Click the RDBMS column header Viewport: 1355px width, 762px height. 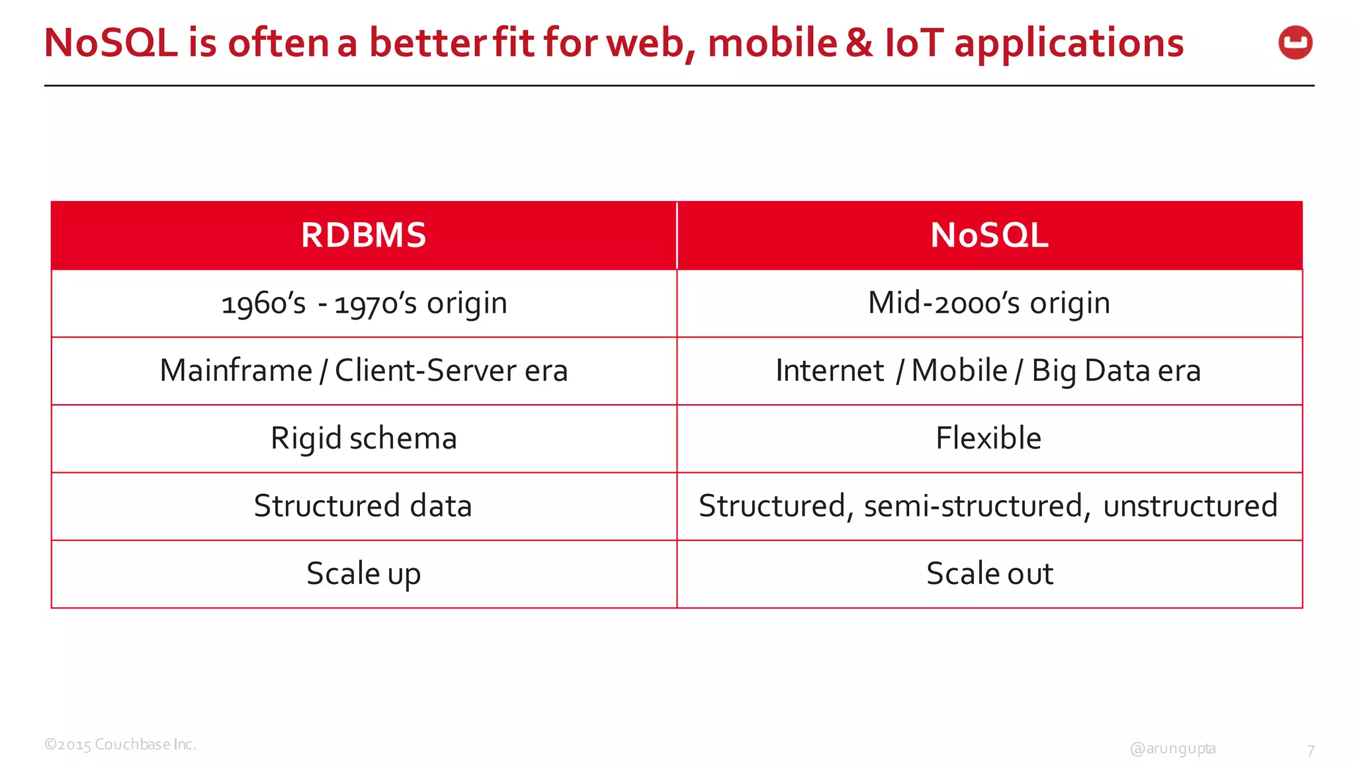pos(363,235)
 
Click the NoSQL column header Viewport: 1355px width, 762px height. pos(989,235)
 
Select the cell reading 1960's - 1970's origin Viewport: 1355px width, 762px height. pos(364,304)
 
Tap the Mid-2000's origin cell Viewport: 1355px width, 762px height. pos(989,304)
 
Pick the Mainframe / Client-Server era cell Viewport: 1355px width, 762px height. pos(364,371)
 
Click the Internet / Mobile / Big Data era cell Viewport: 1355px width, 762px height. pos(988,371)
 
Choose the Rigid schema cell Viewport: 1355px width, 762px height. pos(364,439)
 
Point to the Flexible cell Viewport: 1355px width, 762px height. pos(988,439)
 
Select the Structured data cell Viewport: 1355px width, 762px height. pos(363,506)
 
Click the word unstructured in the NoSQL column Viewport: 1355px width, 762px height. pos(1190,506)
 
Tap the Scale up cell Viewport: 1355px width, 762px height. pos(363,574)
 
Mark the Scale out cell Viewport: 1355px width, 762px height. pos(989,574)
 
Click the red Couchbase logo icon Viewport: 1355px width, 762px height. pos(1295,43)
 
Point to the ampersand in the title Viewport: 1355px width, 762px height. pos(859,43)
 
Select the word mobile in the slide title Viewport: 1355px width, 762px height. pos(772,43)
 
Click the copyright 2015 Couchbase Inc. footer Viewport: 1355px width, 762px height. pos(120,744)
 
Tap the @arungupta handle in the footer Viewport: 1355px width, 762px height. pos(1172,749)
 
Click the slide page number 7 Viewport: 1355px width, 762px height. pos(1310,751)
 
